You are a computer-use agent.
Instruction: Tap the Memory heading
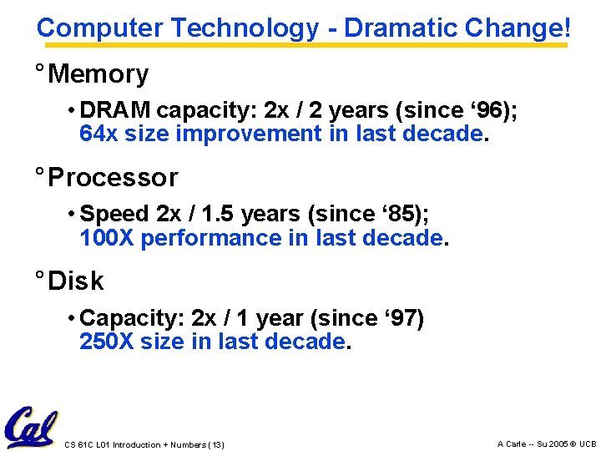point(98,74)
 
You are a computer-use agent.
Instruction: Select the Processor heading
point(113,178)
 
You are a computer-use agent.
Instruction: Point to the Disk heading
point(76,281)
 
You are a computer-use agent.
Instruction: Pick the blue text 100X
point(107,238)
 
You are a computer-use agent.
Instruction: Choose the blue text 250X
point(107,342)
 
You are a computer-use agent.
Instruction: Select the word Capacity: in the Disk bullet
point(133,319)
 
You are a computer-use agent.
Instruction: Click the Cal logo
point(30,428)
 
